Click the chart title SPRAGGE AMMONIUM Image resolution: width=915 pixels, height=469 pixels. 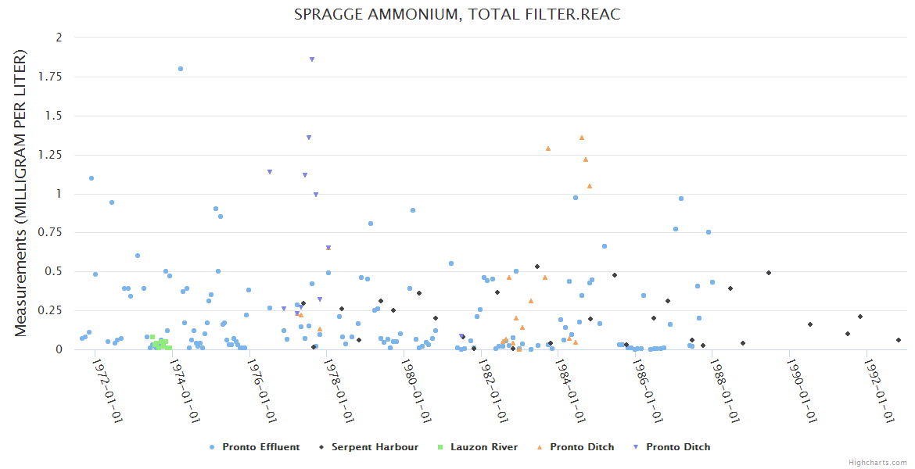pyautogui.click(x=457, y=15)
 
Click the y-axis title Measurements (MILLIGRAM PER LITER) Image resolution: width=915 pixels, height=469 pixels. pyautogui.click(x=21, y=193)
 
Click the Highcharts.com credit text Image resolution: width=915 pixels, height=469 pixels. pyautogui.click(x=877, y=463)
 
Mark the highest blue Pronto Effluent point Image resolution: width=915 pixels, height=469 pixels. pyautogui.click(x=181, y=69)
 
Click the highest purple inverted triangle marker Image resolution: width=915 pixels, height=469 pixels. pyautogui.click(x=312, y=59)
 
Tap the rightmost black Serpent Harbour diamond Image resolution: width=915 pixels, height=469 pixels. pyautogui.click(x=899, y=340)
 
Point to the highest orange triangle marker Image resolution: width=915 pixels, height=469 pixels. pyautogui.click(x=582, y=138)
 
